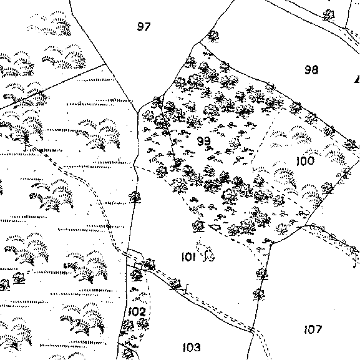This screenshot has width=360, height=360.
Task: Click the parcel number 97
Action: click(x=144, y=26)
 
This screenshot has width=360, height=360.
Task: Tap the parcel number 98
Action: click(x=311, y=69)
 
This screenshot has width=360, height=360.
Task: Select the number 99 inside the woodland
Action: click(x=204, y=141)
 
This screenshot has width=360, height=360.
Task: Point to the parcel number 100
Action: click(x=305, y=161)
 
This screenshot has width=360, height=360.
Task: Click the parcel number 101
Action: click(x=188, y=256)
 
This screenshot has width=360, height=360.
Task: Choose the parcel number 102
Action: click(x=137, y=311)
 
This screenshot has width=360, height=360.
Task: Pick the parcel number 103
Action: click(x=192, y=347)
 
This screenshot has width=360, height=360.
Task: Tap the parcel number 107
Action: click(x=313, y=329)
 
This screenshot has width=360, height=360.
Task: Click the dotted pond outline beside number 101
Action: click(x=205, y=251)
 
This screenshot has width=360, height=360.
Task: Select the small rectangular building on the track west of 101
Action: click(x=139, y=265)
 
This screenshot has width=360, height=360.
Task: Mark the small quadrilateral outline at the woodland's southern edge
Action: click(x=215, y=227)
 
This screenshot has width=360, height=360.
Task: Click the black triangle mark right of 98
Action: click(x=358, y=79)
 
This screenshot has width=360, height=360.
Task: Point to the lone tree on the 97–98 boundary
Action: click(x=213, y=36)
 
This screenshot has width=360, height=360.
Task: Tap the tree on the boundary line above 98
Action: click(x=329, y=15)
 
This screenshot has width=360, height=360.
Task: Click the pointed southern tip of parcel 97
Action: click(x=137, y=113)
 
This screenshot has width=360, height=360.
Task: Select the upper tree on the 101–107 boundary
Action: click(x=263, y=274)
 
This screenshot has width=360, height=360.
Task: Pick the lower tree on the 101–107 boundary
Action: click(x=259, y=294)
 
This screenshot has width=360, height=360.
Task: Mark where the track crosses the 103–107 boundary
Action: click(x=252, y=330)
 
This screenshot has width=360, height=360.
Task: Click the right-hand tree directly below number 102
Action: click(x=144, y=324)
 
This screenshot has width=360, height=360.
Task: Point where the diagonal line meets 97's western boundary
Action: click(x=105, y=64)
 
